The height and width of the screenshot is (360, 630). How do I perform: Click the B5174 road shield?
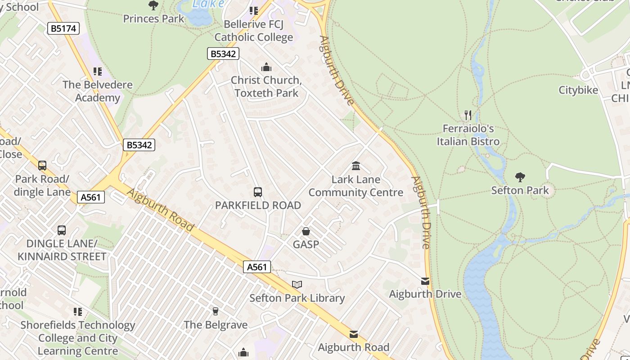pyautogui.click(x=63, y=29)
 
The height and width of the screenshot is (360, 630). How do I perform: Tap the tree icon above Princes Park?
pyautogui.click(x=153, y=5)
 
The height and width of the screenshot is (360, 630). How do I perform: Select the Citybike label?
pyautogui.click(x=578, y=90)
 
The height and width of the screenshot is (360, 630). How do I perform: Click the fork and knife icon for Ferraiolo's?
pyautogui.click(x=468, y=115)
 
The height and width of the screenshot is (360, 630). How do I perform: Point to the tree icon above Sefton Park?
pyautogui.click(x=520, y=177)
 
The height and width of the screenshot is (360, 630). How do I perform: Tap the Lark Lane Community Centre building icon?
pyautogui.click(x=356, y=166)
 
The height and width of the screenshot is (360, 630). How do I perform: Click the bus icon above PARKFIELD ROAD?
pyautogui.click(x=258, y=192)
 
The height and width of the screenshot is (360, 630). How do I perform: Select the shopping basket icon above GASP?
pyautogui.click(x=306, y=231)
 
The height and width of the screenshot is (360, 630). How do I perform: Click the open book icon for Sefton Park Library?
pyautogui.click(x=297, y=284)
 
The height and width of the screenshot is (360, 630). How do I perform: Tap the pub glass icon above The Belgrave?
pyautogui.click(x=216, y=311)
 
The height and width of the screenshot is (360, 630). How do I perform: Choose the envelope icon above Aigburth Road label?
pyautogui.click(x=354, y=334)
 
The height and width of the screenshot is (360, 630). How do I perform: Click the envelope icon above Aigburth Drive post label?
pyautogui.click(x=425, y=281)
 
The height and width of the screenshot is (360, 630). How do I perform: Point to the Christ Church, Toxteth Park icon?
pyautogui.click(x=266, y=67)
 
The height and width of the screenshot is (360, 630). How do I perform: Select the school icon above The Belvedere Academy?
pyautogui.click(x=98, y=72)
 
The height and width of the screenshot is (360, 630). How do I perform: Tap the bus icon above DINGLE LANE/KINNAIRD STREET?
pyautogui.click(x=62, y=230)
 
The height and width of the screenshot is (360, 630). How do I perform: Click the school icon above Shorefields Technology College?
pyautogui.click(x=78, y=311)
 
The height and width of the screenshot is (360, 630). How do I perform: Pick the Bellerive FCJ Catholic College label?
pyautogui.click(x=254, y=31)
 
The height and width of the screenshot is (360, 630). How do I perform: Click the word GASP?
pyautogui.click(x=306, y=244)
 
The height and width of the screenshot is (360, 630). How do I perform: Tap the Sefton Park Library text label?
pyautogui.click(x=297, y=298)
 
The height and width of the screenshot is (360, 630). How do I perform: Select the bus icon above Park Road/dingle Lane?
pyautogui.click(x=42, y=166)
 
